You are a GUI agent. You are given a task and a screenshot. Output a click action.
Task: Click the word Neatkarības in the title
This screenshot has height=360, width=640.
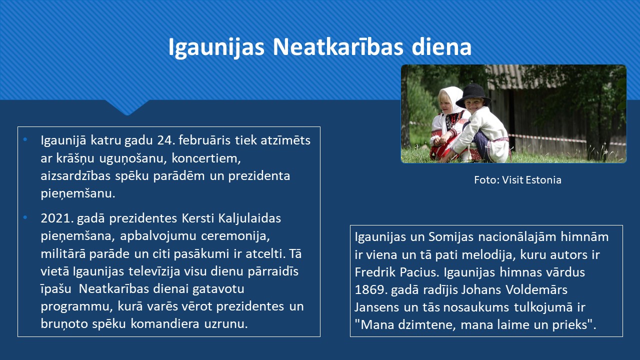click(x=338, y=46)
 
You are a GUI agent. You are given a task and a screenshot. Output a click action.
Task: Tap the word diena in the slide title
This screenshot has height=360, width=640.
click(x=441, y=46)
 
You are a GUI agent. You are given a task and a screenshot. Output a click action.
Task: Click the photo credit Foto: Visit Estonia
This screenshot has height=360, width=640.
click(x=517, y=180)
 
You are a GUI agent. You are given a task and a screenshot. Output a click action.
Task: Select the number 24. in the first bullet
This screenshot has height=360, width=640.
click(x=165, y=140)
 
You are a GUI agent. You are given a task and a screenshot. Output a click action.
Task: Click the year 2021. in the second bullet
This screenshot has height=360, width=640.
click(x=57, y=218)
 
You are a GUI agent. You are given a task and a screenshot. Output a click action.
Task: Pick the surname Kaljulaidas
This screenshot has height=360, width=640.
click(x=249, y=218)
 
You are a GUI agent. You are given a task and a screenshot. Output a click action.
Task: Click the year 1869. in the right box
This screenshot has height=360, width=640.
click(x=371, y=289)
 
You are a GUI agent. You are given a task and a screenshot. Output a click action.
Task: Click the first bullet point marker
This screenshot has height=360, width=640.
click(x=25, y=139)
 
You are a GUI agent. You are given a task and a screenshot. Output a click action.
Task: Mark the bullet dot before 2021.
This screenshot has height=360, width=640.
click(x=25, y=217)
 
